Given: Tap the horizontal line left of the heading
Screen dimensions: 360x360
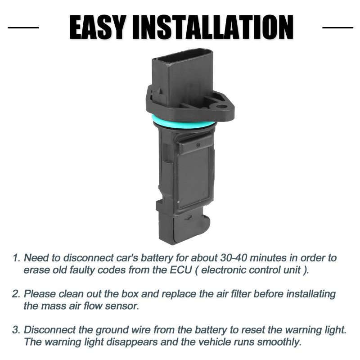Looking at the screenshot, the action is click(23, 27).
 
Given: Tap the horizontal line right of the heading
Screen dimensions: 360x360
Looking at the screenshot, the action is click(338, 27).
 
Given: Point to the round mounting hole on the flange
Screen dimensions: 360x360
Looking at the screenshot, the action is click(221, 107).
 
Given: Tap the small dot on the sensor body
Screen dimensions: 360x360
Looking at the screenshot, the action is click(198, 144).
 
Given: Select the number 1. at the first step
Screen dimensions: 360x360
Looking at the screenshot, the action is click(17, 258).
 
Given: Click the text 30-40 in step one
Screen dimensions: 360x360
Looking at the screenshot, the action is click(233, 258).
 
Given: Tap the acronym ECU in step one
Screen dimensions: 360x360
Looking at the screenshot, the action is click(181, 270).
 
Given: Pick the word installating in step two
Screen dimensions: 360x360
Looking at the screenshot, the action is click(311, 294).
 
